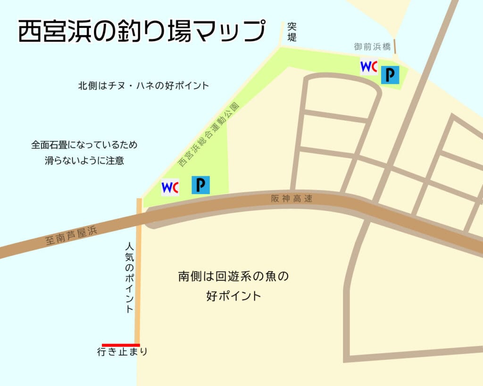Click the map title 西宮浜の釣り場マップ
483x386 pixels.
point(140,32)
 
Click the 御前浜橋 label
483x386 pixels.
point(372,47)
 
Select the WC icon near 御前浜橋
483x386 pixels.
point(368,66)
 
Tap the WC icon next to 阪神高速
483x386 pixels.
point(170,187)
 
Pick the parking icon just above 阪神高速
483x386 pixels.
point(200,185)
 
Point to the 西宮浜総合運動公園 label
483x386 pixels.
point(208,134)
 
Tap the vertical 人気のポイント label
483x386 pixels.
point(130,278)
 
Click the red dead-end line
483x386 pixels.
point(121,345)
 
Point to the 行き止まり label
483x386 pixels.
point(122,352)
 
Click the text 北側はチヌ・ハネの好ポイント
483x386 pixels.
point(143,86)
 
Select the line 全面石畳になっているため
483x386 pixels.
point(84,145)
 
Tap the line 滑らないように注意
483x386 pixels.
point(84,160)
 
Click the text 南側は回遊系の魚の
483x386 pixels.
point(233,276)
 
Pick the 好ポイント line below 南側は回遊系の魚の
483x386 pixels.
point(233,296)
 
